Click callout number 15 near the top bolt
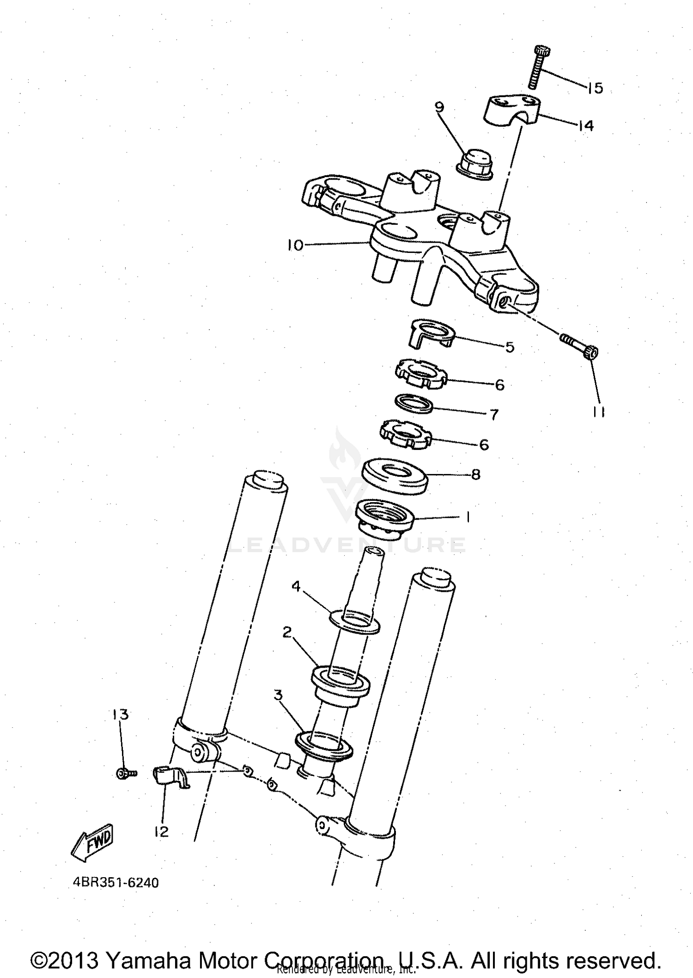point(596,88)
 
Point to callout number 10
point(296,245)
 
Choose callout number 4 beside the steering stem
point(296,587)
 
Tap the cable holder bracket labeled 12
point(169,776)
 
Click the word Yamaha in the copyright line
point(147,960)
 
